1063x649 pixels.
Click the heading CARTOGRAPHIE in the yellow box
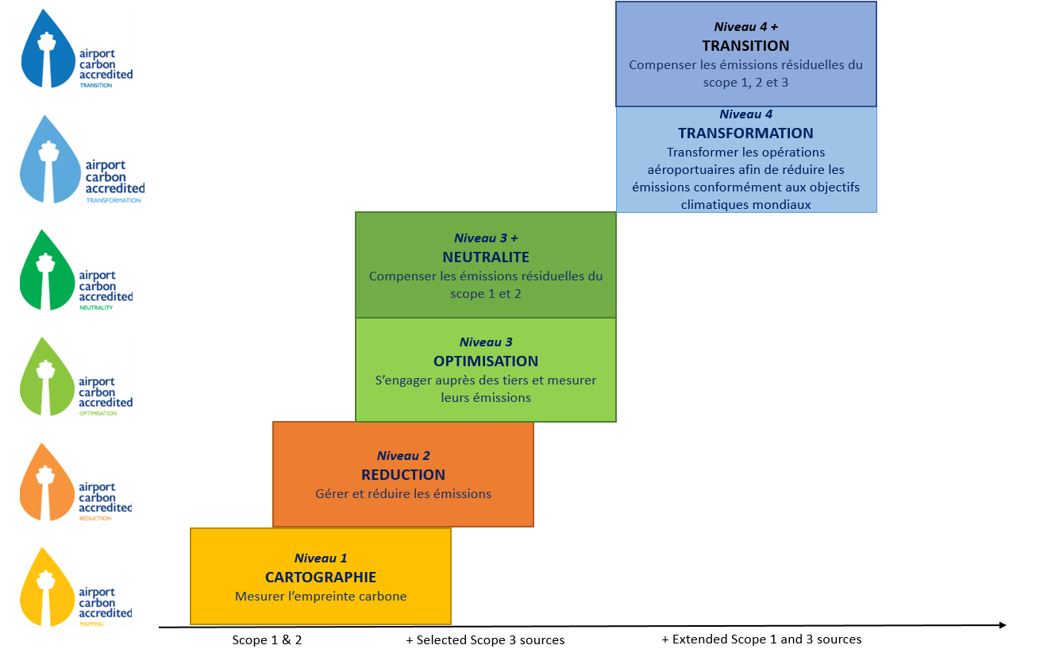[321, 578]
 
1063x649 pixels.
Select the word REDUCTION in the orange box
[403, 475]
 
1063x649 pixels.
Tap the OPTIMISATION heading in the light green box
[486, 361]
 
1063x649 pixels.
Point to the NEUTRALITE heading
[486, 257]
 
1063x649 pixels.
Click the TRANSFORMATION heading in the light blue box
[745, 133]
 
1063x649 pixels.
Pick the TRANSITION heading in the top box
[745, 45]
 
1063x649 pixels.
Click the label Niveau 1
[321, 558]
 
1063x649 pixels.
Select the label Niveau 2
[403, 456]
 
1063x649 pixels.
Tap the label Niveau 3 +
[486, 238]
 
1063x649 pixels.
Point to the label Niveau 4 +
[745, 26]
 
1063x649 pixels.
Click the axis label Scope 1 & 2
[267, 640]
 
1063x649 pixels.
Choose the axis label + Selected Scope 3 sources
[485, 640]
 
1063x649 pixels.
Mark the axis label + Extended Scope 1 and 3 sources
[761, 639]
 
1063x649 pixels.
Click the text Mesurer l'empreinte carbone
[321, 597]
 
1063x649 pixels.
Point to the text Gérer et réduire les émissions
[403, 494]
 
